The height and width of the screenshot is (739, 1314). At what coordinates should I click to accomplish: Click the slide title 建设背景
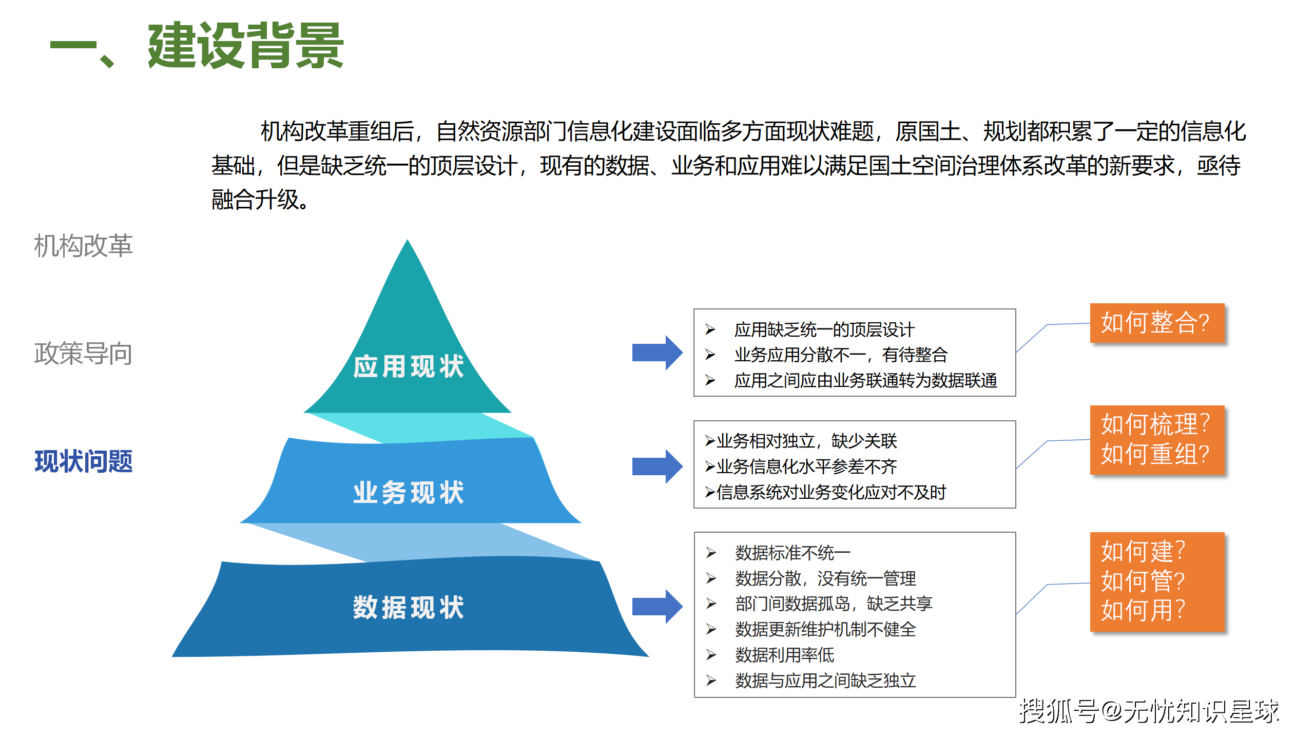pos(245,46)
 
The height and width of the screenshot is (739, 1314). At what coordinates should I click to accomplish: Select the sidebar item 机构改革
pos(83,246)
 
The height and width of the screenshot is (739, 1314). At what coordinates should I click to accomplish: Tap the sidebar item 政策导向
pos(83,354)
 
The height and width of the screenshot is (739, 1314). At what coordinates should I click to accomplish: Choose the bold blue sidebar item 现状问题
pos(83,461)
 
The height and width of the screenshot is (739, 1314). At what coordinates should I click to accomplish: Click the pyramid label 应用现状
pos(409,366)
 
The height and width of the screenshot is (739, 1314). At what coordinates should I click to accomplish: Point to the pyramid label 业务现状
pos(409,493)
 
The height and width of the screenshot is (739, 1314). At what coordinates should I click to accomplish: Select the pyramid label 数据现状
pos(409,608)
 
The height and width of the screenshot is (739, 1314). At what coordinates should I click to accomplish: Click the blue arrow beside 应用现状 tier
pos(657,353)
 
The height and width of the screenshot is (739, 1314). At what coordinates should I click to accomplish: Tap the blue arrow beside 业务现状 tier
pos(657,466)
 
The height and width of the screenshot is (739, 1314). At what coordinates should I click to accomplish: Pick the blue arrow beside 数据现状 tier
pos(657,607)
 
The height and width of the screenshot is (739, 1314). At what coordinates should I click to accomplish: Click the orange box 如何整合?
pos(1157,323)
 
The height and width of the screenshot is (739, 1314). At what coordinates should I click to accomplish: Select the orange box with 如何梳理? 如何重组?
pos(1157,440)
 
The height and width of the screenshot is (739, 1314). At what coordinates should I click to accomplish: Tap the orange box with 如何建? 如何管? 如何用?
pos(1157,581)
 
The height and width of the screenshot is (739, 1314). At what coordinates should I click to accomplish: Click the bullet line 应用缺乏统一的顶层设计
pos(824,330)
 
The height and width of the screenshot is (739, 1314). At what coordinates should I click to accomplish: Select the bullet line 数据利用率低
pos(784,655)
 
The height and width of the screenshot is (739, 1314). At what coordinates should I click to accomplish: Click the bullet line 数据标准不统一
pos(793,553)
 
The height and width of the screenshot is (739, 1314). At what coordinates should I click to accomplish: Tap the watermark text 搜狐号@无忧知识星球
pos(1149,711)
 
